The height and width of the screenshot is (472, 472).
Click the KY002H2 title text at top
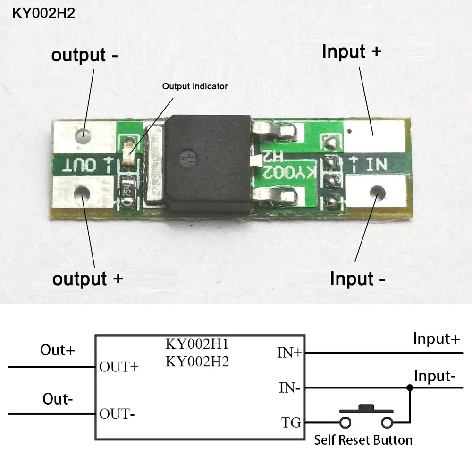click(43, 13)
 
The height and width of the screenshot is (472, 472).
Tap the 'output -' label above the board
click(85, 55)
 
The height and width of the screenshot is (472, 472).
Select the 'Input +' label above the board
click(351, 51)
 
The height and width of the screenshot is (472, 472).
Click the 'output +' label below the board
click(88, 278)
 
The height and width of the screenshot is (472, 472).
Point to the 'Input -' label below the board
click(358, 278)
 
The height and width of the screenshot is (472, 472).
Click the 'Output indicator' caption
click(195, 86)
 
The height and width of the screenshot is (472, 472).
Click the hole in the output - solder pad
click(84, 134)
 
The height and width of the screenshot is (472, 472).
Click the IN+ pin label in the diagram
click(290, 352)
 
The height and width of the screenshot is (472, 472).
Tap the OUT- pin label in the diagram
click(117, 414)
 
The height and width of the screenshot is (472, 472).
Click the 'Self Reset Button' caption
click(363, 440)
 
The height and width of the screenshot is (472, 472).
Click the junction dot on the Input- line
click(410, 388)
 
